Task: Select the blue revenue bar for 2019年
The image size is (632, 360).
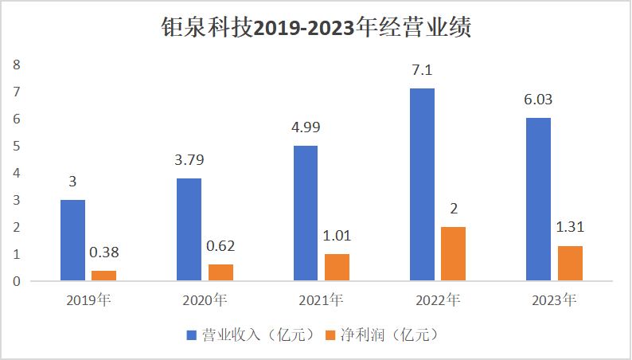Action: point(73,240)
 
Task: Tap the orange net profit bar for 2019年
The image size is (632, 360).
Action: point(103,276)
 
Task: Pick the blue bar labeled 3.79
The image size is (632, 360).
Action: point(189,229)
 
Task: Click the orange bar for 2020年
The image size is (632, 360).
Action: point(220,272)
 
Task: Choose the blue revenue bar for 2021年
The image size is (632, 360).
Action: point(306,213)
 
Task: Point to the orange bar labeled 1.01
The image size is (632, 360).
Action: point(337,267)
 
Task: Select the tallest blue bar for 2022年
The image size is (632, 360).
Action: point(422,185)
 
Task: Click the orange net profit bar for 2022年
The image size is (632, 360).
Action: point(453,253)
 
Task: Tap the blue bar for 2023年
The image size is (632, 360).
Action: point(539,199)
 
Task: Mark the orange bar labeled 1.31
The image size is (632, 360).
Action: point(570,263)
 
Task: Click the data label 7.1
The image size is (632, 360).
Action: point(422,71)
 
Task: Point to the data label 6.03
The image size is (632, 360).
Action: point(539,100)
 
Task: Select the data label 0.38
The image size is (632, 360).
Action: point(103,253)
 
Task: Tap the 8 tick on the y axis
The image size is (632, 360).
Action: point(16,65)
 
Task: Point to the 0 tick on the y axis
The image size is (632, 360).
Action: point(16,281)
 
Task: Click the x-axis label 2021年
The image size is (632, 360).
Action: point(321,301)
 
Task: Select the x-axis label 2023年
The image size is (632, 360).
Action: point(554,301)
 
